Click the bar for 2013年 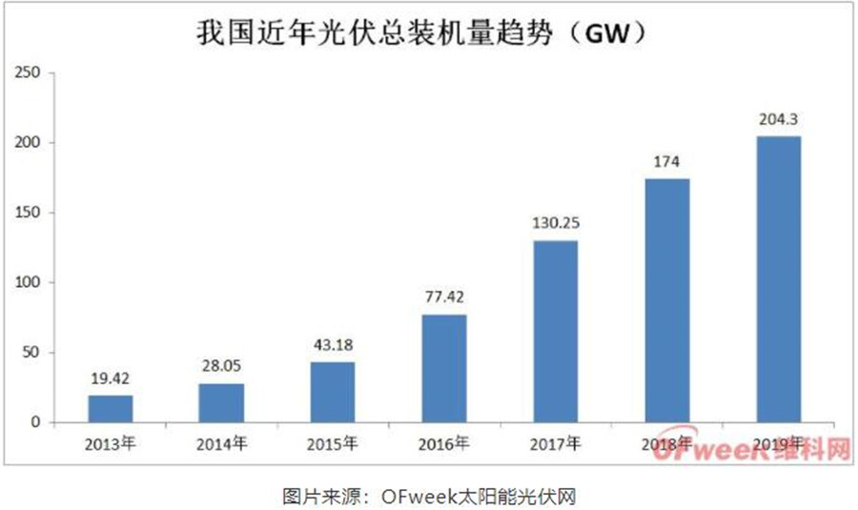click(x=111, y=409)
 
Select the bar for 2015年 click(x=332, y=392)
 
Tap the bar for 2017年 click(x=555, y=331)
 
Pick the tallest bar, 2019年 click(x=778, y=279)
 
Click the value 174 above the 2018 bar click(x=666, y=163)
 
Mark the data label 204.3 click(x=778, y=121)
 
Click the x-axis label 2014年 click(x=221, y=443)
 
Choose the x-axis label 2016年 click(x=444, y=443)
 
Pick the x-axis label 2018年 click(x=666, y=443)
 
